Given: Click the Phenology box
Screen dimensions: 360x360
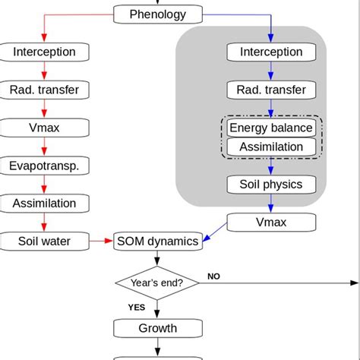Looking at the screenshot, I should [159, 14].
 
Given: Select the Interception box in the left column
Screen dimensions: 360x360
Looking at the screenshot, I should [45, 52].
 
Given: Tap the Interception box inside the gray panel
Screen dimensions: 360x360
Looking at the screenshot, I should [271, 52].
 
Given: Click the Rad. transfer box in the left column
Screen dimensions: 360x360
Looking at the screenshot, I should [45, 90].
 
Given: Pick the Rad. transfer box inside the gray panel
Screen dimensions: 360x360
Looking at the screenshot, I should [271, 90].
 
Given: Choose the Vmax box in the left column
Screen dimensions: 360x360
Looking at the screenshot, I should [45, 128].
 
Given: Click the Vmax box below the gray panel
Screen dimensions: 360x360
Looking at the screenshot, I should [271, 222].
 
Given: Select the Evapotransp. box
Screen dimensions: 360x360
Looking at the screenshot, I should [45, 166].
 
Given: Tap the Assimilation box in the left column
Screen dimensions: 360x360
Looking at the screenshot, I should [45, 204].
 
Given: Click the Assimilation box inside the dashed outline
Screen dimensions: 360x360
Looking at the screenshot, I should [271, 147].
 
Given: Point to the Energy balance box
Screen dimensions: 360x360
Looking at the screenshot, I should [271, 128].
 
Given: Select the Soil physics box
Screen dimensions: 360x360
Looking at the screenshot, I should [271, 184].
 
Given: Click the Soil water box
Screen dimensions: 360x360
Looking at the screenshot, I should [45, 242].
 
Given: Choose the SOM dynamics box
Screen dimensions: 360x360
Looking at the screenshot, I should [158, 242].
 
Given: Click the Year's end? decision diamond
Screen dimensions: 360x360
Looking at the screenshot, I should [158, 283].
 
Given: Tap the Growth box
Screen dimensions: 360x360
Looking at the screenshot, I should [158, 328].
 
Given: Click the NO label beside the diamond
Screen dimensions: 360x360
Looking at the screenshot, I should [213, 276].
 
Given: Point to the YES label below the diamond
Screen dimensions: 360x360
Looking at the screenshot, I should [137, 308].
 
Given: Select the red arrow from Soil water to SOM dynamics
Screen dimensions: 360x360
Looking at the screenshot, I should [100, 242].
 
